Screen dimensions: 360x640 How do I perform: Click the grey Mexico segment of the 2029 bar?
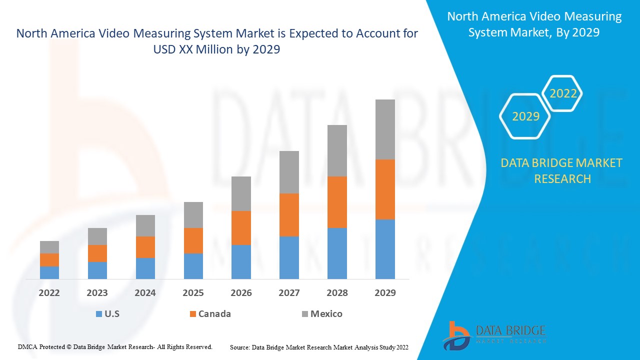pyautogui.click(x=385, y=129)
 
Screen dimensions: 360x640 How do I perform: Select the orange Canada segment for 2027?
pyautogui.click(x=289, y=215)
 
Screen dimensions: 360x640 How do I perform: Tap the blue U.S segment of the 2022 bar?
pyautogui.click(x=49, y=272)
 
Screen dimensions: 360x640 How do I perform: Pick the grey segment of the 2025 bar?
pyautogui.click(x=193, y=215)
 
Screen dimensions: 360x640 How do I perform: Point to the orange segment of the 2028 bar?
pyautogui.click(x=337, y=202)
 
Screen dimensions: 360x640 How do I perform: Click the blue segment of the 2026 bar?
pyautogui.click(x=241, y=261)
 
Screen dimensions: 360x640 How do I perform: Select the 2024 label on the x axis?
pyautogui.click(x=145, y=293)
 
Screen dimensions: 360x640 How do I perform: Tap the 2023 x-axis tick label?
pyautogui.click(x=97, y=293)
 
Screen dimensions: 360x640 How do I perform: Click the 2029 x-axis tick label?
pyautogui.click(x=385, y=293)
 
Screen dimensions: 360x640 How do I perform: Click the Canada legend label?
pyautogui.click(x=214, y=314)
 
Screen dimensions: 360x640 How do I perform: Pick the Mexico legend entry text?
pyautogui.click(x=326, y=314)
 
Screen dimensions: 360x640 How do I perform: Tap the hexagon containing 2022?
pyautogui.click(x=563, y=93)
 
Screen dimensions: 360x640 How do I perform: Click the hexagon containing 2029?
pyautogui.click(x=525, y=116)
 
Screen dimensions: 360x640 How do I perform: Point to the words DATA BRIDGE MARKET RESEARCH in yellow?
pyautogui.click(x=562, y=170)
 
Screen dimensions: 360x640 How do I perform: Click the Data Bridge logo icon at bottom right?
pyautogui.click(x=455, y=335)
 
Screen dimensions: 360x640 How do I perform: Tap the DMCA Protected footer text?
pyautogui.click(x=115, y=346)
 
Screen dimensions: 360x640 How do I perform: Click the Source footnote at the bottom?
pyautogui.click(x=319, y=346)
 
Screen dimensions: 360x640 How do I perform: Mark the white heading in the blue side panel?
pyautogui.click(x=534, y=24)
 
